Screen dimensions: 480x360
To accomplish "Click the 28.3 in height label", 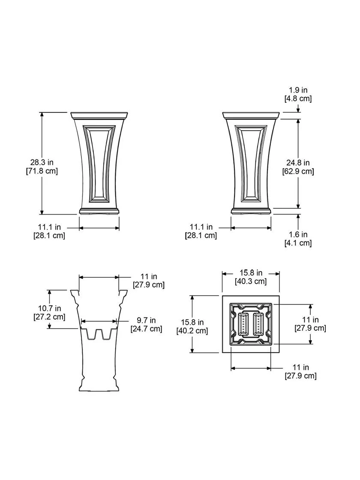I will [42, 162].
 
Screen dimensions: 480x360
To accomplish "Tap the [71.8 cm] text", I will [42, 171].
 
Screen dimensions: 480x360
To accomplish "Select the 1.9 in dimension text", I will [298, 90].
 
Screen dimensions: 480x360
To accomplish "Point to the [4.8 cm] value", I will [298, 99].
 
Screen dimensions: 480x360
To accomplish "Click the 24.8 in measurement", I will [298, 163].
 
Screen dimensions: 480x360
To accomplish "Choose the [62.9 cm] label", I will [298, 171].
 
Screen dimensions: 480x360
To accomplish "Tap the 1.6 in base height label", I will [298, 234].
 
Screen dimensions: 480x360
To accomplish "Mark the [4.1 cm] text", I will [298, 243].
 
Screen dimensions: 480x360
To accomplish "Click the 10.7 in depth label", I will [49, 308].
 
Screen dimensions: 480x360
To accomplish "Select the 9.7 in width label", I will [146, 320].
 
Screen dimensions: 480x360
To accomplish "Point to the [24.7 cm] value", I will [146, 329].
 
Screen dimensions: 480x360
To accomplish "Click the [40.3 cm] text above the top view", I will [251, 282].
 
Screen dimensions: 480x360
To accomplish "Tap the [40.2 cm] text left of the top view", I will [192, 330].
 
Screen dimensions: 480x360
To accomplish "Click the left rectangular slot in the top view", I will [244, 324].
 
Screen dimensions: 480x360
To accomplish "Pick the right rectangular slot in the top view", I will [258, 324].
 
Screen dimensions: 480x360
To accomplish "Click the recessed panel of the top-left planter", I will [99, 163].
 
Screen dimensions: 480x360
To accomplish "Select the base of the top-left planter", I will [99, 211].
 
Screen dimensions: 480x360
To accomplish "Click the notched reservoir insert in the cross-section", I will [99, 333].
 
